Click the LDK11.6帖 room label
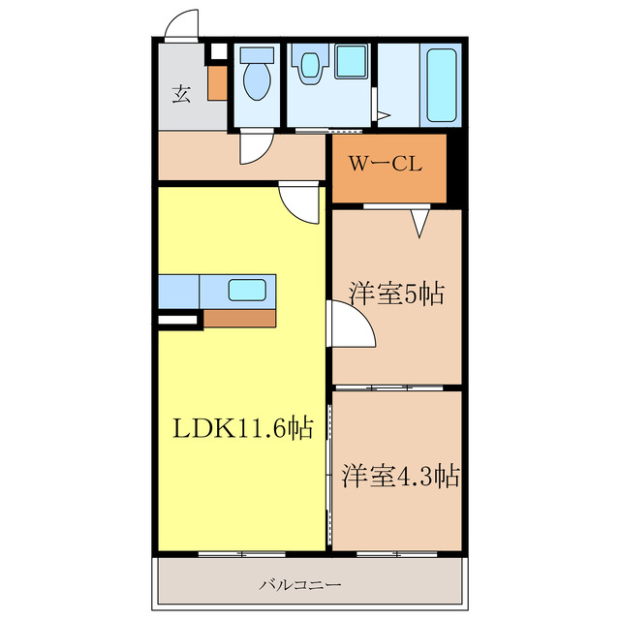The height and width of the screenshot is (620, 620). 242,428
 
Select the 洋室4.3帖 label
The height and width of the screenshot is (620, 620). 399,476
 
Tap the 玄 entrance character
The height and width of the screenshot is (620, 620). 181,94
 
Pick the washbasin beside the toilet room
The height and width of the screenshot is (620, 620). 310,65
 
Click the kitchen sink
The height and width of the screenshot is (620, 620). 246,290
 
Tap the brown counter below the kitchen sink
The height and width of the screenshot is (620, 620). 240,319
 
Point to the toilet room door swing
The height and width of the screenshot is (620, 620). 254,146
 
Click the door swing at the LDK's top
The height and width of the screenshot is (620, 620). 298,201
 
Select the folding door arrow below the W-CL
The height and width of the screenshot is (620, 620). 420,224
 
